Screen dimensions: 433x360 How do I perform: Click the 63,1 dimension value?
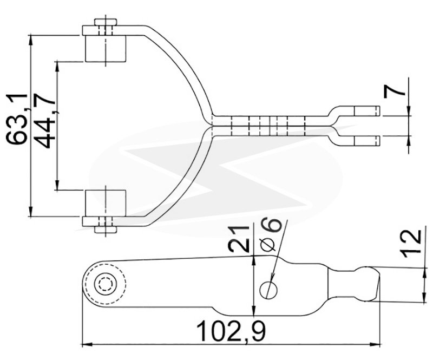17,119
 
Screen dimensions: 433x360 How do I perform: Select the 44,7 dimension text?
46,121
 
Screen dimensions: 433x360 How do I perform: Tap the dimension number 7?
394,90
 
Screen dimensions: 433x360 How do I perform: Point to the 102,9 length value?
232,331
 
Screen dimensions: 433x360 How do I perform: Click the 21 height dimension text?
239,239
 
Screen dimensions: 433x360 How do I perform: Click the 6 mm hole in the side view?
268,290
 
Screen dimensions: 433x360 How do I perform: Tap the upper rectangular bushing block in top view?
106,48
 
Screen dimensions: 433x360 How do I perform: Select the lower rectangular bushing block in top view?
106,203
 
